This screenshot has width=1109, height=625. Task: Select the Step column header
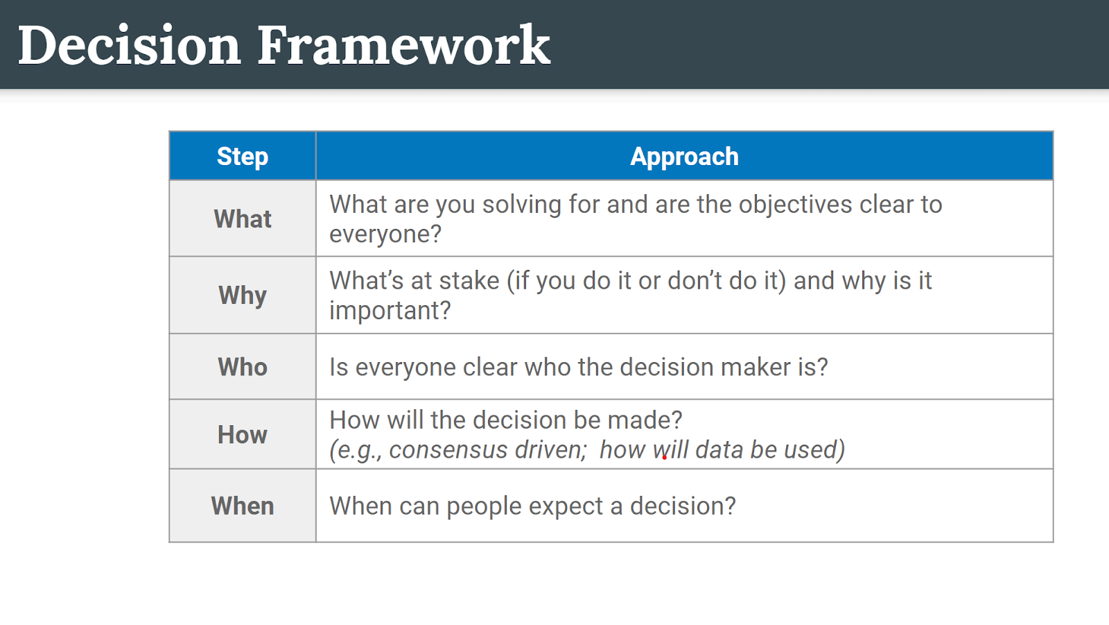pos(243,157)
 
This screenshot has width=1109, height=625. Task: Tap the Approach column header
pos(684,157)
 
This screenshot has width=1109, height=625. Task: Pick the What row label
pos(243,219)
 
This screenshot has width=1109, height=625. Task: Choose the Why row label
pos(243,296)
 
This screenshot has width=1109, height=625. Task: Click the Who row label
pos(243,367)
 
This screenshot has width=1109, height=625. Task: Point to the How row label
pos(243,435)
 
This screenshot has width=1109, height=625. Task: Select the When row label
pos(243,506)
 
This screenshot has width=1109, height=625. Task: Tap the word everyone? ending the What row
pos(385,234)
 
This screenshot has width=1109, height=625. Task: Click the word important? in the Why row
pos(390,311)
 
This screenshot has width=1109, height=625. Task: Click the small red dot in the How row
pos(665,458)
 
